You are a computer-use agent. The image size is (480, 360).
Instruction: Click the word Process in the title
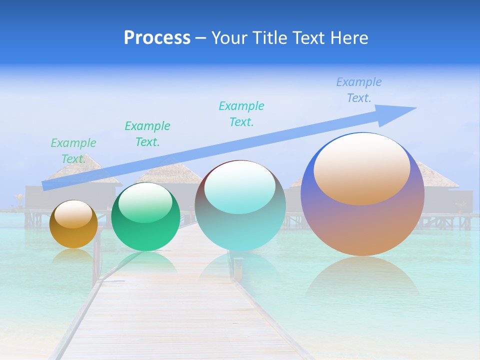click(x=157, y=38)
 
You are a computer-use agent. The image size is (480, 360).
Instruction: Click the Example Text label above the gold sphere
click(x=73, y=151)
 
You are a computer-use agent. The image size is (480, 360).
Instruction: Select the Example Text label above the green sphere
click(x=147, y=134)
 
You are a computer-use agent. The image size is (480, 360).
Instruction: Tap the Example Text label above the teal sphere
click(x=241, y=114)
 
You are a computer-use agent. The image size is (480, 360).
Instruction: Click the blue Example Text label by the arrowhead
click(x=359, y=90)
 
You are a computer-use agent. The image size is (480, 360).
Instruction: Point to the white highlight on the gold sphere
click(x=73, y=214)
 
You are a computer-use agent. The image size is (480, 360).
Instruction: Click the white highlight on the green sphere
click(x=145, y=202)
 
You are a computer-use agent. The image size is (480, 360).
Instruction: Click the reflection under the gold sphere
click(x=73, y=256)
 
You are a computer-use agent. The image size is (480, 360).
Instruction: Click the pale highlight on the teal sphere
click(x=239, y=187)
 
